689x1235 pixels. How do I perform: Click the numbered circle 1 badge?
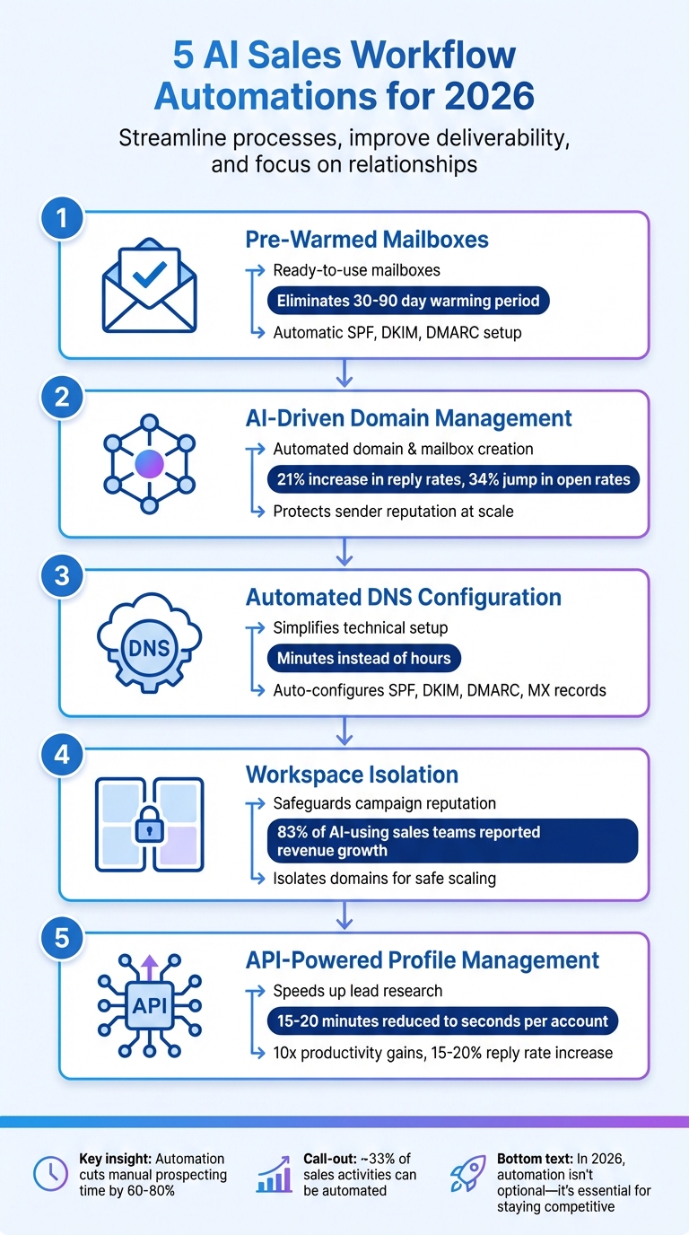tap(62, 218)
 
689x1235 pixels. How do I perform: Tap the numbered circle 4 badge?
tap(62, 755)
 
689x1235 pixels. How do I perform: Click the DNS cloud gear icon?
tap(148, 645)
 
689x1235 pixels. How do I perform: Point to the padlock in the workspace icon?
tap(148, 828)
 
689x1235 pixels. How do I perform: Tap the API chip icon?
tap(148, 1005)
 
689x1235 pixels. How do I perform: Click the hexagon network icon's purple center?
tap(148, 465)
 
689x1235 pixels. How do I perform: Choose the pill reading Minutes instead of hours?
tap(363, 659)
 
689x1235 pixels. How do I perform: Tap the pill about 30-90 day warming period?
tap(408, 301)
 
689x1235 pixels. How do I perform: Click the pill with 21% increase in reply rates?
tap(453, 480)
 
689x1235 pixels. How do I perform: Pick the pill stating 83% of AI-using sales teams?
tap(453, 841)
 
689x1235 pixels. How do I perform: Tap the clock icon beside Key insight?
tap(49, 1173)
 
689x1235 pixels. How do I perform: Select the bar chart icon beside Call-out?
tap(274, 1173)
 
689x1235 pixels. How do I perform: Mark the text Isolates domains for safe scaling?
tap(384, 879)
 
